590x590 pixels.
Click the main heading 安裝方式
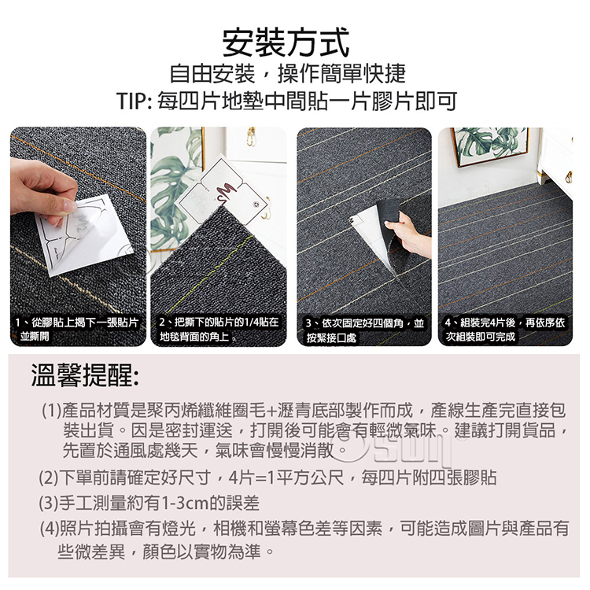(x=286, y=42)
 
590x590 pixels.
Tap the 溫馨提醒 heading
(x=85, y=375)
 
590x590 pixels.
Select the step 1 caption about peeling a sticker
(x=77, y=330)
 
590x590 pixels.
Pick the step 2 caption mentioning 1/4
(x=219, y=330)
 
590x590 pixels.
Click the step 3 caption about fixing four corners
(x=364, y=330)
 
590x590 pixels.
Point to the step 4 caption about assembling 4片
(x=505, y=330)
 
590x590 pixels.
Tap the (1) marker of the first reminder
(x=51, y=411)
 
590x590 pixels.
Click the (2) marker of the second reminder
(x=49, y=478)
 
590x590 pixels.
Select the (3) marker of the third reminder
(x=49, y=503)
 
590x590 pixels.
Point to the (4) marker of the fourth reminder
(x=50, y=529)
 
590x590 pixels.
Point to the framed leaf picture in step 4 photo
(x=490, y=146)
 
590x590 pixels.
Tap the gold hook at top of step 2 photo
(x=251, y=136)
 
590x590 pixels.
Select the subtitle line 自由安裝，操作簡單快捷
(x=287, y=73)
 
